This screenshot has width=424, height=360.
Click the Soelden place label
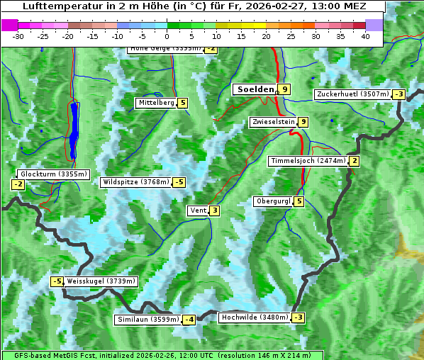point(254,89)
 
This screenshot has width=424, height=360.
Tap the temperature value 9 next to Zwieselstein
point(303,122)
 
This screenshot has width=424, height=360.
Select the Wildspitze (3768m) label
point(136,182)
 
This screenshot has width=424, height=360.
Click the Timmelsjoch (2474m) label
point(308,161)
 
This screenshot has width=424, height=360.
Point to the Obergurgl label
point(273,201)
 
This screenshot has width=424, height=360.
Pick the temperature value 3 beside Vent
point(214,210)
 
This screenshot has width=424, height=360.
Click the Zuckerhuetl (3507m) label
point(353,94)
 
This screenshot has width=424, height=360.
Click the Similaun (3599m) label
point(147,320)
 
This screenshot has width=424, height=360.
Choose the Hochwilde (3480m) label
point(255,317)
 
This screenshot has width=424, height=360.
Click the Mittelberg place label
point(156,103)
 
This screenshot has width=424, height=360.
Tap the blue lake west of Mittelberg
point(74,128)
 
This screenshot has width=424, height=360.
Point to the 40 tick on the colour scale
point(365,36)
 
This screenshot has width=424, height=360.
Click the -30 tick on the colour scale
point(18,36)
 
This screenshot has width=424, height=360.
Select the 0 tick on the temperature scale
point(167,36)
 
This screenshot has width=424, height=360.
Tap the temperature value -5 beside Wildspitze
point(179,182)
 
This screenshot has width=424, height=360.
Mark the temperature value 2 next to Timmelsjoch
point(354,161)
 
